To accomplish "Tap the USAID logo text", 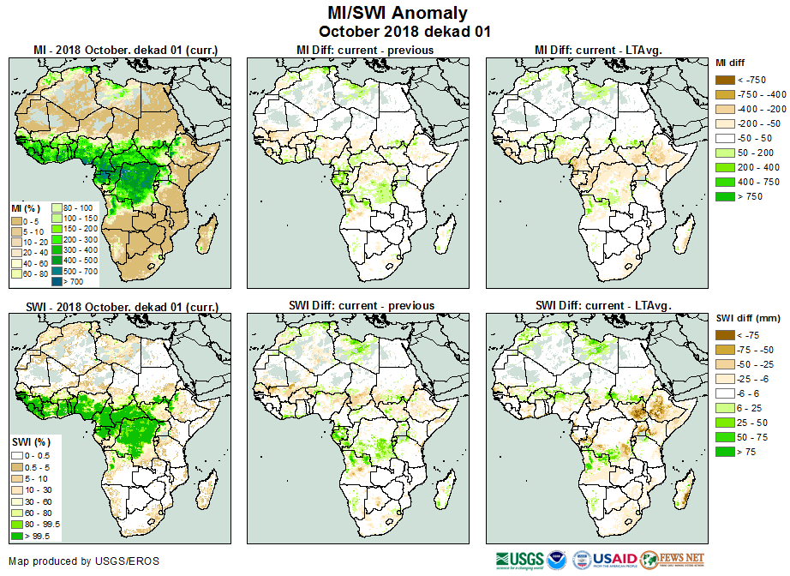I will click(615, 561).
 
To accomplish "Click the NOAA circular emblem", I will click(557, 561).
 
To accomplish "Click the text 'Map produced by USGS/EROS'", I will click(85, 561).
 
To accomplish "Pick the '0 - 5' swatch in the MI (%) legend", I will click(17, 221).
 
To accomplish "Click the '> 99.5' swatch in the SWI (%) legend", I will click(17, 536).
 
